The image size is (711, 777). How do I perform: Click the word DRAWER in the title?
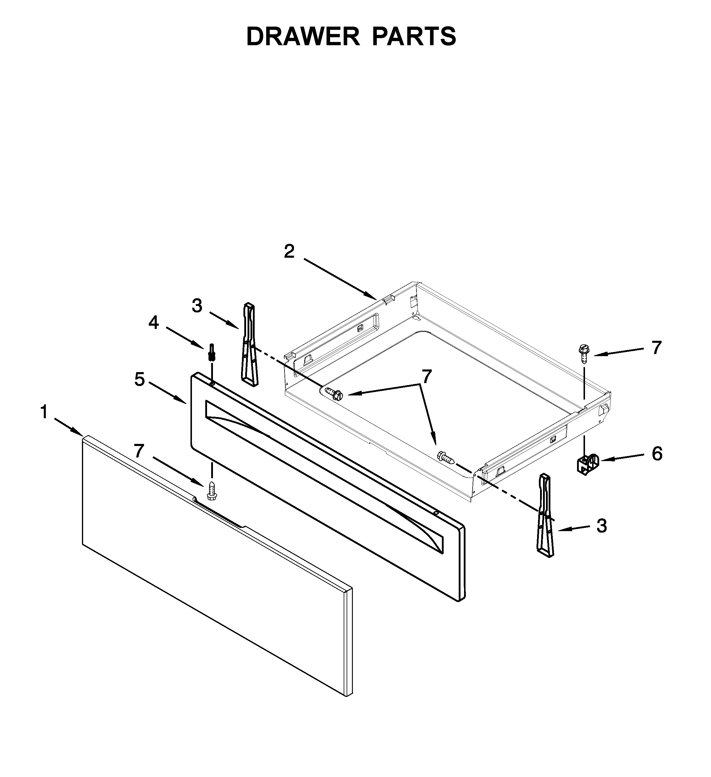pyautogui.click(x=303, y=37)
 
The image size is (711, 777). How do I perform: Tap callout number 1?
pyautogui.click(x=44, y=412)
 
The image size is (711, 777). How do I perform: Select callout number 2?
pyautogui.click(x=289, y=252)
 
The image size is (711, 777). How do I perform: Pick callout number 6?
pyautogui.click(x=657, y=454)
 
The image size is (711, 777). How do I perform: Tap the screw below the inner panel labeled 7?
pyautogui.click(x=211, y=491)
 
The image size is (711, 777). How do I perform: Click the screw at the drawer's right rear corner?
pyautogui.click(x=583, y=354)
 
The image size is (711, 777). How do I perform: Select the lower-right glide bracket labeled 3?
pyautogui.click(x=545, y=515)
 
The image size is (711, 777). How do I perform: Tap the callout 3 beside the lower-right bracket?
pyautogui.click(x=602, y=526)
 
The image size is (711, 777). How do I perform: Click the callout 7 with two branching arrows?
pyautogui.click(x=426, y=377)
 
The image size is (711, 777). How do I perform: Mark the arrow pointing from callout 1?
pyautogui.click(x=69, y=427)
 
